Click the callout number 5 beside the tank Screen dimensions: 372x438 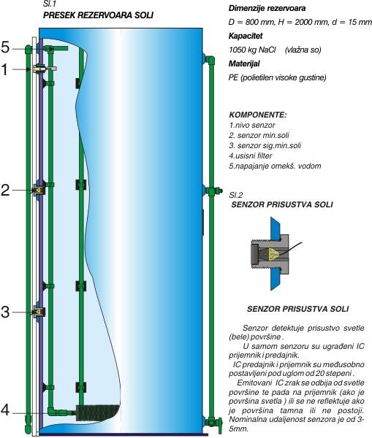pyautogui.click(x=5, y=47)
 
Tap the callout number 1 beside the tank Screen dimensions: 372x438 pyautogui.click(x=5, y=69)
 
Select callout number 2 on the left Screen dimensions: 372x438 pyautogui.click(x=5, y=191)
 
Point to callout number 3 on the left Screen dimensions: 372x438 pyautogui.click(x=5, y=312)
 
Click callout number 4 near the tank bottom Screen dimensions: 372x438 pyautogui.click(x=6, y=411)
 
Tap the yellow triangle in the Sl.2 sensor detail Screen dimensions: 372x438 pyautogui.click(x=273, y=253)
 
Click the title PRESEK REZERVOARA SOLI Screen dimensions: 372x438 pyautogui.click(x=98, y=15)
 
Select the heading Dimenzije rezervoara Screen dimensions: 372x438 pyautogui.click(x=267, y=8)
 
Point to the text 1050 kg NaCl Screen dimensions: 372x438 pyautogui.click(x=252, y=50)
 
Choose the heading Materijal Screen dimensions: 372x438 pyautogui.click(x=244, y=64)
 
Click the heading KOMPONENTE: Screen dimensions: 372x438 pyautogui.click(x=257, y=115)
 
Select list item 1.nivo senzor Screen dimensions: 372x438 pyautogui.click(x=251, y=125)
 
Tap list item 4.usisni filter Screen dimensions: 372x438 pyautogui.click(x=251, y=155)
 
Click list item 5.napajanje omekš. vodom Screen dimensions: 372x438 pyautogui.click(x=275, y=166)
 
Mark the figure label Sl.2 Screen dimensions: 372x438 pyautogui.click(x=236, y=195)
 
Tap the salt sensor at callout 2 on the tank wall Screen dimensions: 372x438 pyautogui.click(x=39, y=190)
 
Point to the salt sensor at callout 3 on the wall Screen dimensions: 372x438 pyautogui.click(x=39, y=312)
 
